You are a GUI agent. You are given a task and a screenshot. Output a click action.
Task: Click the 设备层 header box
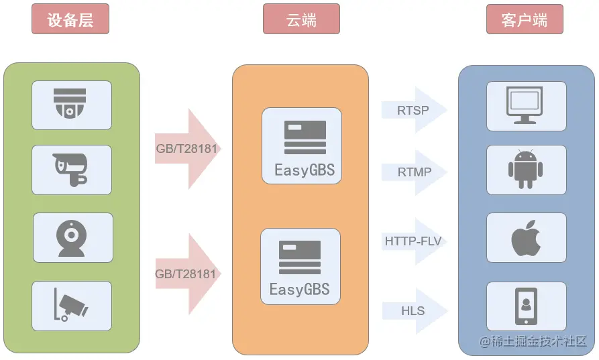[x=70, y=19]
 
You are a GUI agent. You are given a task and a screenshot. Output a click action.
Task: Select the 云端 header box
[x=301, y=19]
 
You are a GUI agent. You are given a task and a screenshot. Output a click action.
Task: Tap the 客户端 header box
[x=524, y=19]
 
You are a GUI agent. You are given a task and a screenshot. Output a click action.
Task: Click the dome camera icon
[x=71, y=105]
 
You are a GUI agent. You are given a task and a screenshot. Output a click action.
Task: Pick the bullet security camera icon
[x=71, y=170]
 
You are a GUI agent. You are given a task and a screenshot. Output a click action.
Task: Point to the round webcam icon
[x=72, y=238]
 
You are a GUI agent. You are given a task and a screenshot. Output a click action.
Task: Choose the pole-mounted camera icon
[x=71, y=306]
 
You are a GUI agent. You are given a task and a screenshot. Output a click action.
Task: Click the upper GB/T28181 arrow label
[x=186, y=148]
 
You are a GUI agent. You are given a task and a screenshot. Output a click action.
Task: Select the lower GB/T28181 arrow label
[x=186, y=274]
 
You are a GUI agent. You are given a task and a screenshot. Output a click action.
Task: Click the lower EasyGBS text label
[x=300, y=290]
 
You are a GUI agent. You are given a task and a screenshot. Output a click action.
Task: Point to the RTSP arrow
[x=413, y=110]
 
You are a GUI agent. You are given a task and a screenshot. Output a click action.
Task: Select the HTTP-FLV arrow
[x=413, y=241]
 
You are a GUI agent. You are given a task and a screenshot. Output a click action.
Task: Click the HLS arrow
[x=413, y=311]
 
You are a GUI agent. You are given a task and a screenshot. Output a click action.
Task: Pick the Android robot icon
[x=525, y=170]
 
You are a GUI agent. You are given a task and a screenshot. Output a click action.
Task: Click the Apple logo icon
[x=525, y=239]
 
